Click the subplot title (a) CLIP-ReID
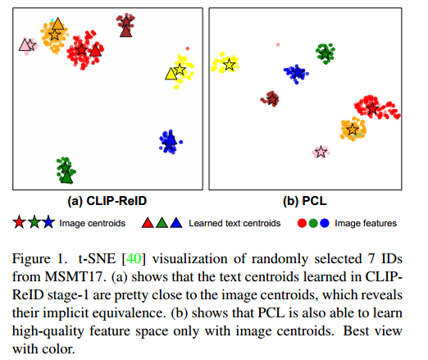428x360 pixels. point(107,199)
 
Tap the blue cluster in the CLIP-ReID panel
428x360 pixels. point(170,142)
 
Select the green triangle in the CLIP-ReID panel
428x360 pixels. point(66,175)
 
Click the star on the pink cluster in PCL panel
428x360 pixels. point(321,152)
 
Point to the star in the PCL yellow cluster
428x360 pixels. point(230,64)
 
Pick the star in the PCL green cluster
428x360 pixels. point(326,53)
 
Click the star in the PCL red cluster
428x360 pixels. point(373,107)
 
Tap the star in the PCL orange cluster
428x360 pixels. point(353,129)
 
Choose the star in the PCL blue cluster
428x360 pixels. point(295,73)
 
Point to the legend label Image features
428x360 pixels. point(367,222)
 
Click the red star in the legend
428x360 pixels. point(19,222)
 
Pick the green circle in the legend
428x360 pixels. point(314,222)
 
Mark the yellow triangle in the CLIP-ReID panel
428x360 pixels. point(172,75)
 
